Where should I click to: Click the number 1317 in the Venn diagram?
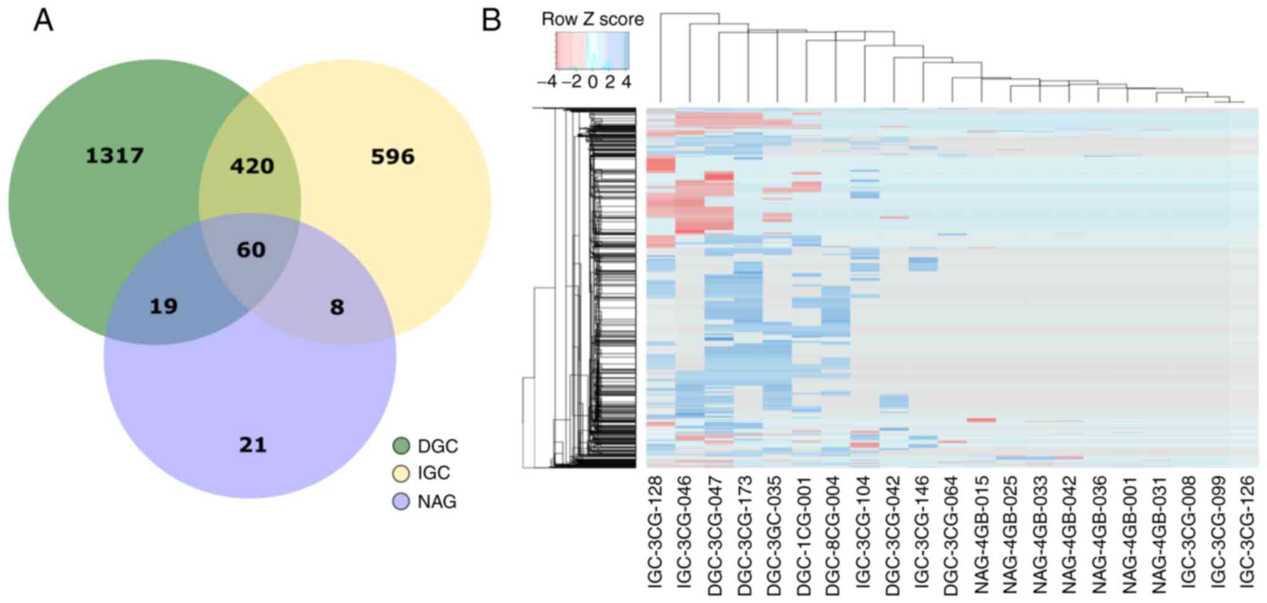[115, 155]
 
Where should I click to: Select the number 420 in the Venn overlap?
[252, 166]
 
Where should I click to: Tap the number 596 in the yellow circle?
[392, 157]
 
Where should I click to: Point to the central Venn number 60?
[251, 249]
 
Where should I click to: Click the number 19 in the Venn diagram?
[163, 306]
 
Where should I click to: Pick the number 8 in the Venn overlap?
[337, 307]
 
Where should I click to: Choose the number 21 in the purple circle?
[253, 445]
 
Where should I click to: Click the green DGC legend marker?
[401, 446]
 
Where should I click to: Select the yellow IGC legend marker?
[401, 473]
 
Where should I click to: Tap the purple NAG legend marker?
[401, 501]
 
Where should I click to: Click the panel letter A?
[43, 21]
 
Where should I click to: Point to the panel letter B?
[491, 21]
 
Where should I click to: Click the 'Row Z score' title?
[592, 19]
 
